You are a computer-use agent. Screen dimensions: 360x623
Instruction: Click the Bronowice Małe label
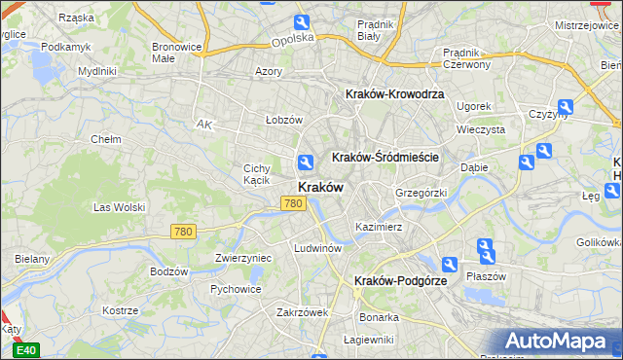pos(176,52)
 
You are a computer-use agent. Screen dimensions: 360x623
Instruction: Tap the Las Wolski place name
pos(119,207)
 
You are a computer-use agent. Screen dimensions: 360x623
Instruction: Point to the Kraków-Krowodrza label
pos(394,94)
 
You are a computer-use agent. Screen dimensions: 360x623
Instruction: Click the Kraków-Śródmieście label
pos(385,157)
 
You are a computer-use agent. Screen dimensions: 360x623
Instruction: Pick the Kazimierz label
pos(379,227)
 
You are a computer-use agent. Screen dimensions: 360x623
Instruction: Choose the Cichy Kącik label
pos(263,174)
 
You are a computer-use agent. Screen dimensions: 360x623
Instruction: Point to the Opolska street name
pos(293,40)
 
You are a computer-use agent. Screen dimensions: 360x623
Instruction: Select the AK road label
pos(203,125)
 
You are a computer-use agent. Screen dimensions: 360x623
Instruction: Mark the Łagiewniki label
pos(369,340)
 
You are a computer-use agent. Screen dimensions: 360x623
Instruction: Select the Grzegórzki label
pos(421,193)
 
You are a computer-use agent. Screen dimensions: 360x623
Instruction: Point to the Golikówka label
pos(599,241)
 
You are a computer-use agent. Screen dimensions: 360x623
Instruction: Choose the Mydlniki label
pos(97,71)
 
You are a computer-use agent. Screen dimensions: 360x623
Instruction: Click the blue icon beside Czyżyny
pos(564,108)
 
